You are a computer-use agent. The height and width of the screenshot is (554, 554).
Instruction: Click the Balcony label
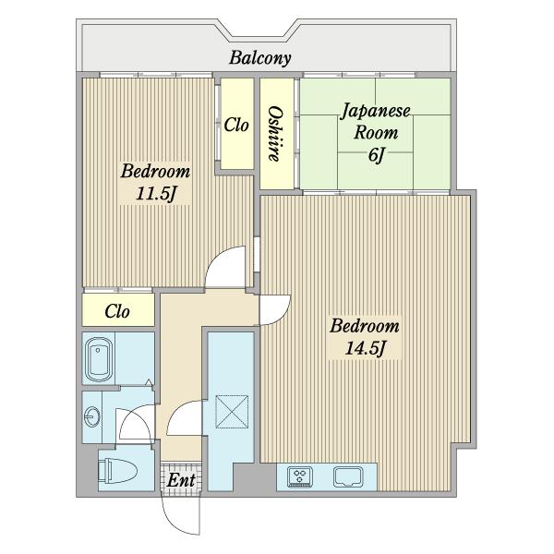(x=260, y=58)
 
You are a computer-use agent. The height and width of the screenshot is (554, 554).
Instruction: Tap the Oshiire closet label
(x=275, y=134)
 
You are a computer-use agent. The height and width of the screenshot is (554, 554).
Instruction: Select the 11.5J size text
(x=156, y=194)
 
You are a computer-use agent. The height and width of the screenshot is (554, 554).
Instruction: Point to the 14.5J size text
(x=365, y=348)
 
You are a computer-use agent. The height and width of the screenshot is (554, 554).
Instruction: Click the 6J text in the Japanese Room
(x=376, y=155)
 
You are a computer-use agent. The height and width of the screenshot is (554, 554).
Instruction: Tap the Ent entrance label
(x=181, y=480)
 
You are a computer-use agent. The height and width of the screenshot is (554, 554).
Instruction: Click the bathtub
(x=100, y=359)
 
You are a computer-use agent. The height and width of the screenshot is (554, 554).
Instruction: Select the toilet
(x=117, y=471)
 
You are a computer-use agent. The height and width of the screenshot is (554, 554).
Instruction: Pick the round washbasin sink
(x=92, y=417)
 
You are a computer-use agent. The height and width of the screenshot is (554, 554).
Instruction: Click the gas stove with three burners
(x=300, y=477)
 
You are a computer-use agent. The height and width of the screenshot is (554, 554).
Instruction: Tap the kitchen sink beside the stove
(x=348, y=477)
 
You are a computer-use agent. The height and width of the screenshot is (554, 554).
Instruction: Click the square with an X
(x=232, y=412)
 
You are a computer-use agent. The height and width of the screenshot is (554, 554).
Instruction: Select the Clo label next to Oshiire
(x=236, y=125)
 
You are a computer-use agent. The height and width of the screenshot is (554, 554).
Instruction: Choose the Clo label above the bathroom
(x=117, y=311)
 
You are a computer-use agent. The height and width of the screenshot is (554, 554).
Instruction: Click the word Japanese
(x=376, y=112)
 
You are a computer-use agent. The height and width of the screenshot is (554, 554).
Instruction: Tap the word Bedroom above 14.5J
(x=365, y=326)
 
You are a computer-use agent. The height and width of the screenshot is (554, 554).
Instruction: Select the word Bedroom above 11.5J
(x=155, y=171)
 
